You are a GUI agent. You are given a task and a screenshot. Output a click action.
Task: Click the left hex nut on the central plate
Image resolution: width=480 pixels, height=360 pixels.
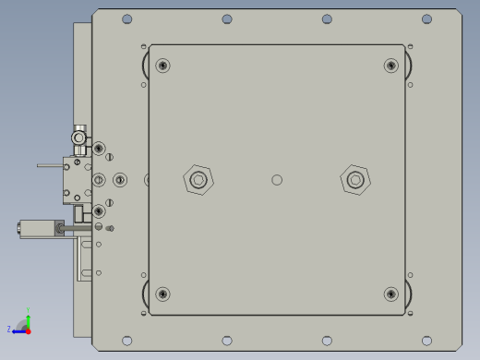[198, 179]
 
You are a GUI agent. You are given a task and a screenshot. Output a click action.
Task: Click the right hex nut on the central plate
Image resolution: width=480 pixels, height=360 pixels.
[354, 179]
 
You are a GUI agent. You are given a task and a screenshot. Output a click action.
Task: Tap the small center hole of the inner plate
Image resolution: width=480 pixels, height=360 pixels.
[277, 179]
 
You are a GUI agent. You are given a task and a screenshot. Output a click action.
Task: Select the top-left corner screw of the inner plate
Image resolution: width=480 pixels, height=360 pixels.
[163, 66]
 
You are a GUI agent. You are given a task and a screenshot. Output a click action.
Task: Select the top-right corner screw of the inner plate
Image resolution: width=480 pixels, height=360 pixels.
[390, 66]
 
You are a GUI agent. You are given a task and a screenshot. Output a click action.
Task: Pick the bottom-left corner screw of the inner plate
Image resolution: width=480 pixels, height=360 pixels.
[163, 294]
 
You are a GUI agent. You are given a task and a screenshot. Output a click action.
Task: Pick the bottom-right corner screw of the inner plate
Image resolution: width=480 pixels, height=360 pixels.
[390, 294]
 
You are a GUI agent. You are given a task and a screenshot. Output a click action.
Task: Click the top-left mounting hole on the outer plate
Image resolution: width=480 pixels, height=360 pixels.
[127, 19]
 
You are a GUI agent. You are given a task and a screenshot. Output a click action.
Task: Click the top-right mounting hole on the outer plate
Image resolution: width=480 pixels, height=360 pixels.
[426, 19]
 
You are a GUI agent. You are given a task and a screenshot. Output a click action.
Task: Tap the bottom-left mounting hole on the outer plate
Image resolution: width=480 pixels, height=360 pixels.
[127, 341]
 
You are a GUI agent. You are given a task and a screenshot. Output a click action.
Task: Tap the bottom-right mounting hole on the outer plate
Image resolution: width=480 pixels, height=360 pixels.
[426, 341]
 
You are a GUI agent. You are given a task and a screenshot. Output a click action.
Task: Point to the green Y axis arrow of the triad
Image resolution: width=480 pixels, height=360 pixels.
[28, 316]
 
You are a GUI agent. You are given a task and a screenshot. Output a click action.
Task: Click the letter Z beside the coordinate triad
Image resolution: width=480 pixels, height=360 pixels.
[9, 330]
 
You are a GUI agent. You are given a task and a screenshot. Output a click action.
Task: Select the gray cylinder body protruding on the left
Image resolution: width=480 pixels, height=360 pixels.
[37, 228]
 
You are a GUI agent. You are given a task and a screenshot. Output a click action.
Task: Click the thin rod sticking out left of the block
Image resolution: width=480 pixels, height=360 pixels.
[49, 166]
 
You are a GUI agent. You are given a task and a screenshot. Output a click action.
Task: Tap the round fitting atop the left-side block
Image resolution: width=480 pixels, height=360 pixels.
[79, 138]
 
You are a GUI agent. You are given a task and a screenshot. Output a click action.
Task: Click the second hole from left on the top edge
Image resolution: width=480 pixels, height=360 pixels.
[227, 19]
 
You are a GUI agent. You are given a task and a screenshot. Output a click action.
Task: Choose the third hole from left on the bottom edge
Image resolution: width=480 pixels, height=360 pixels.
[327, 341]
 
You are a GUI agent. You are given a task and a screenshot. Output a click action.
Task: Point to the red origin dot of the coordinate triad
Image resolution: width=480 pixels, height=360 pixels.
[28, 330]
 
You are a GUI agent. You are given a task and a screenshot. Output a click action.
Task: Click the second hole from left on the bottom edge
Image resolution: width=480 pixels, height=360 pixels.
[227, 341]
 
